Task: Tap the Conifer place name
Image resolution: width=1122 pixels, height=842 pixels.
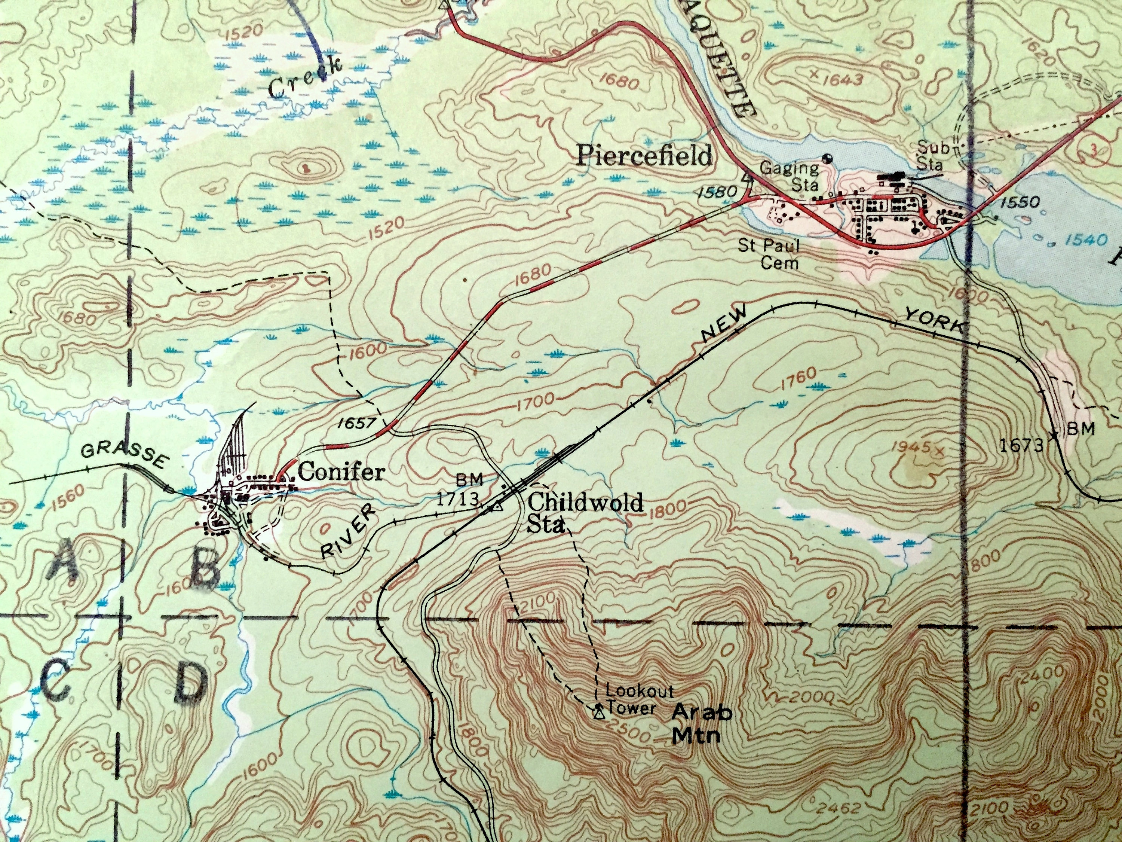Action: point(341,473)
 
